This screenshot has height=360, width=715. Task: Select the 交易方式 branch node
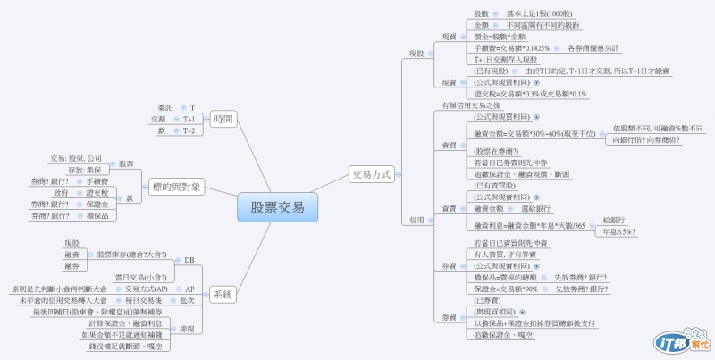371,175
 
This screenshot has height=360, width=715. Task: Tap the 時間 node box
223,119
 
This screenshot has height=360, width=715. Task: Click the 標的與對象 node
177,187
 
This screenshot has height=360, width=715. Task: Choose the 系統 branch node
223,294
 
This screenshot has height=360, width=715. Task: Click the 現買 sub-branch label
449,37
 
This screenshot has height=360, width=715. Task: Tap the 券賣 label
449,265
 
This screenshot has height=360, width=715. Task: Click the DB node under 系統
189,260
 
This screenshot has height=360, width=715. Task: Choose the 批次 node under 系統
187,301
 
